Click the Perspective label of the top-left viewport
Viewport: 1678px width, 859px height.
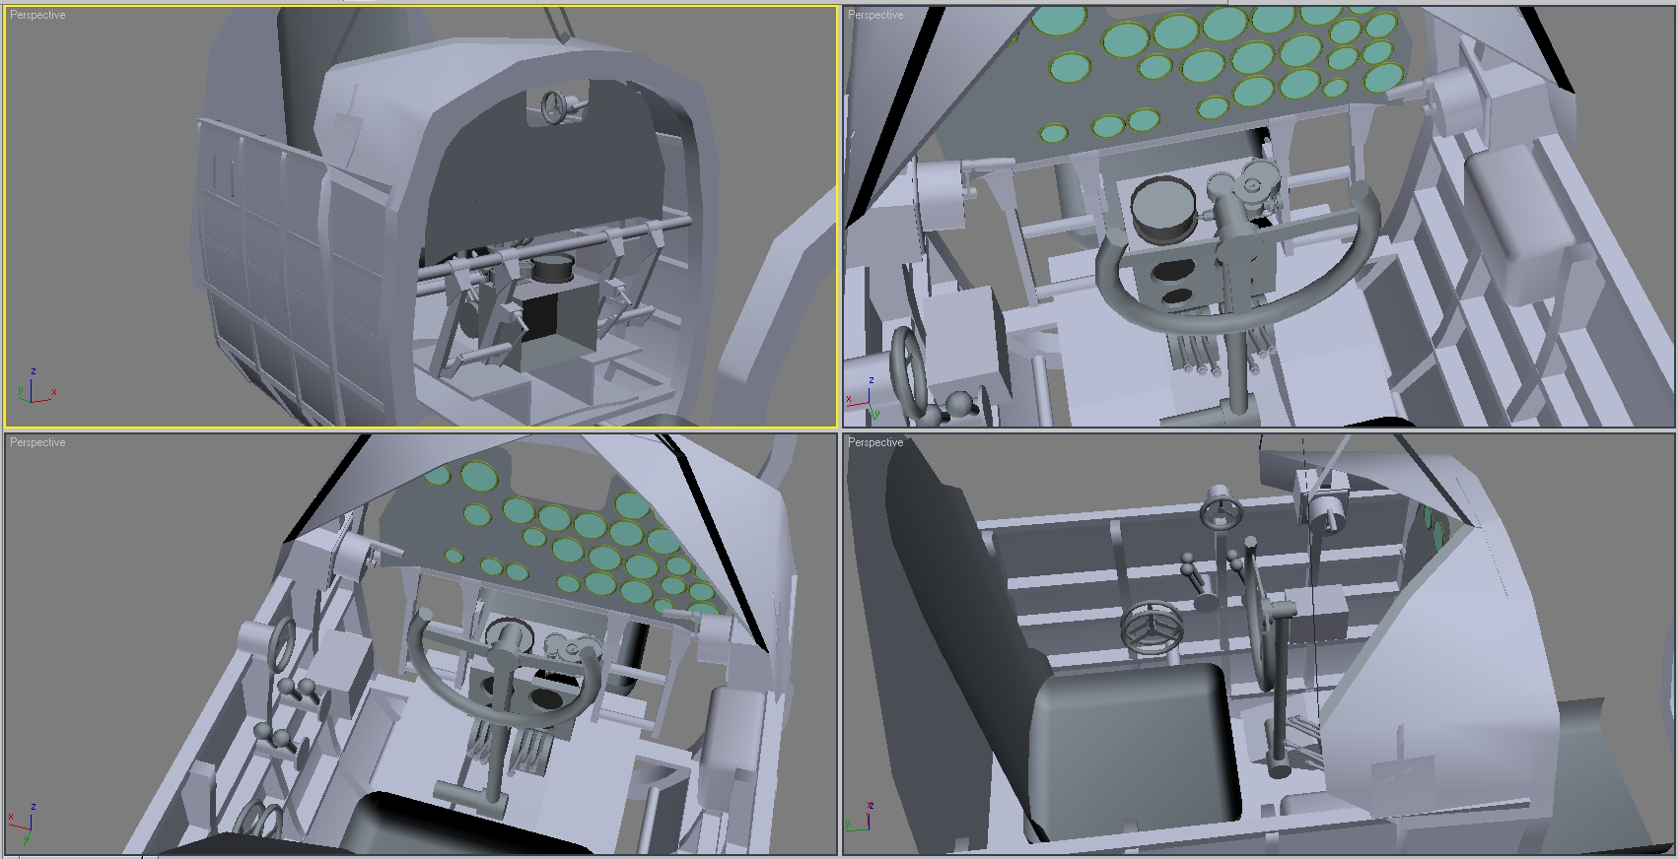coord(37,15)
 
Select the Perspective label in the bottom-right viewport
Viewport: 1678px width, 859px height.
coord(875,443)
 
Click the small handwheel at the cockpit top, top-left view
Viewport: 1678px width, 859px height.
coord(555,106)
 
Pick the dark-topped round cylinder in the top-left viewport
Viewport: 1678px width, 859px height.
coord(552,269)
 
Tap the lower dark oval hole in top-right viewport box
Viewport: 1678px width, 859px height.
coord(1176,297)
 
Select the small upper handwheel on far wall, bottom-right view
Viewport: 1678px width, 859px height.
coord(1222,508)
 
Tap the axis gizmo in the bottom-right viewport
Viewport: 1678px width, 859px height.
coord(860,818)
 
